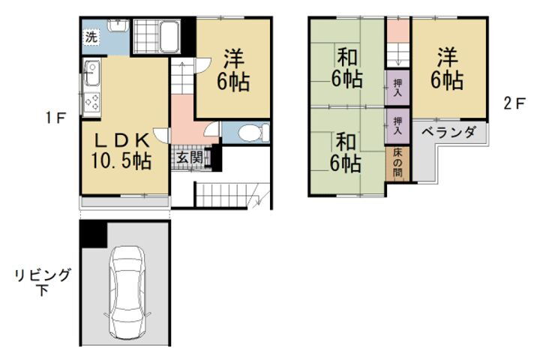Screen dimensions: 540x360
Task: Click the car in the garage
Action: [127, 292]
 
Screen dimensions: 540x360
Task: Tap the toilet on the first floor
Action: [253, 133]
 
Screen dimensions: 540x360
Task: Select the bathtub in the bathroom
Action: [169, 36]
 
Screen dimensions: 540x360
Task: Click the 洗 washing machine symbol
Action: [91, 37]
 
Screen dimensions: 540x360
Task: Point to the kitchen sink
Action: [92, 73]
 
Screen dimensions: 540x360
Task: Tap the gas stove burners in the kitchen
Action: [92, 103]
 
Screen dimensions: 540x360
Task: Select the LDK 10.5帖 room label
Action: [121, 151]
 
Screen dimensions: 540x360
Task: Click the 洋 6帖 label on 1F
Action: [233, 70]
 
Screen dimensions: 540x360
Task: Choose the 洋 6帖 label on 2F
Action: [447, 69]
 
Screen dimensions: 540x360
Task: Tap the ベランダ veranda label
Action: [449, 132]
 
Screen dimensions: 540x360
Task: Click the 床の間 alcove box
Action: [397, 164]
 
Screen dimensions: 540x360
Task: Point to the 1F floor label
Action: [55, 118]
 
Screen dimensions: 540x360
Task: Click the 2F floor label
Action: [514, 103]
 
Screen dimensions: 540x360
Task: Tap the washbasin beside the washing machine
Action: [118, 25]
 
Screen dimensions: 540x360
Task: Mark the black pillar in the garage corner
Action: [94, 234]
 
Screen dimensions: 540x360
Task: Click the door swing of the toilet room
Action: [211, 129]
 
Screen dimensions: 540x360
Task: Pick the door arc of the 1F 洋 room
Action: [202, 65]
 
